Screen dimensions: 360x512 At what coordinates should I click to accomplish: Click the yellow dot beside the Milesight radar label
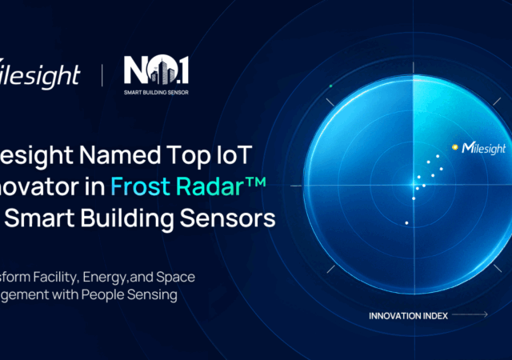click(455, 147)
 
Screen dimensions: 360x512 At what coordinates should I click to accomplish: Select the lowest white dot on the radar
click(407, 222)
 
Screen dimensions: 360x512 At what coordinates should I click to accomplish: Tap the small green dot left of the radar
click(330, 86)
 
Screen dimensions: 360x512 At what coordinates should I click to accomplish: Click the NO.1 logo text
click(156, 71)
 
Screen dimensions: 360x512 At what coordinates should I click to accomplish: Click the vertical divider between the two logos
click(102, 77)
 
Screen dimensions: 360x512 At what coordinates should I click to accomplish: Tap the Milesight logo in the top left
click(40, 75)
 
